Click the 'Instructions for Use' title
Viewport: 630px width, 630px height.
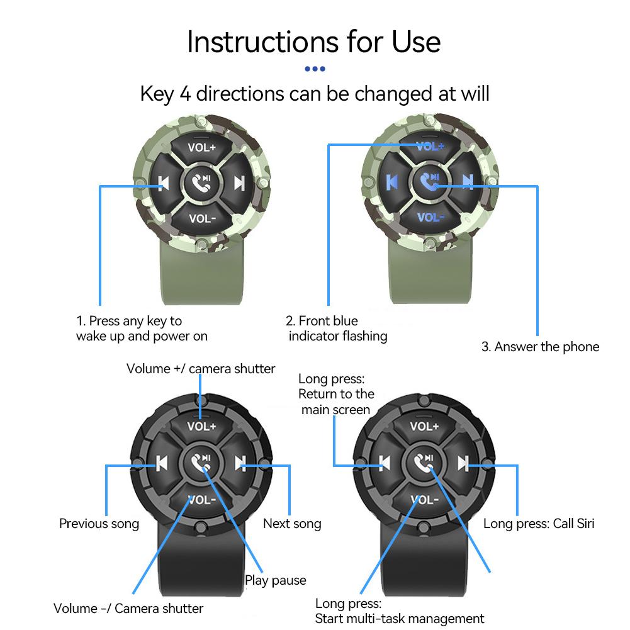[314, 42]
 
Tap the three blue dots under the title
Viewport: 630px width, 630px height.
[315, 69]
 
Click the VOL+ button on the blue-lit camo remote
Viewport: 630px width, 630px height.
[430, 146]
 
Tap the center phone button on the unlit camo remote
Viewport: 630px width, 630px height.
[201, 183]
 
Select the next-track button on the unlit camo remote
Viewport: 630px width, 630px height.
[239, 183]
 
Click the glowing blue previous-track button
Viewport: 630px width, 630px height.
[392, 182]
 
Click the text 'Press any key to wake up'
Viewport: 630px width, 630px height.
[142, 329]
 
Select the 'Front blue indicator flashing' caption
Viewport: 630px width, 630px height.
[337, 329]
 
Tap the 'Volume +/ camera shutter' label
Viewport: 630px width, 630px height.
[201, 369]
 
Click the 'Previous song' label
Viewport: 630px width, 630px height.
[99, 524]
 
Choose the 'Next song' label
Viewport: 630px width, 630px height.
[292, 524]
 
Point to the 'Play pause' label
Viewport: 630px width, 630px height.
[276, 580]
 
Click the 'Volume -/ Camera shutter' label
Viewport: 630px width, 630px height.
[128, 609]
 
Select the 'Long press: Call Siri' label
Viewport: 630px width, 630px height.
[538, 524]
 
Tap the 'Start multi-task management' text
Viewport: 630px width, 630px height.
[400, 619]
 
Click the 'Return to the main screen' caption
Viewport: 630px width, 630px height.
[336, 402]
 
